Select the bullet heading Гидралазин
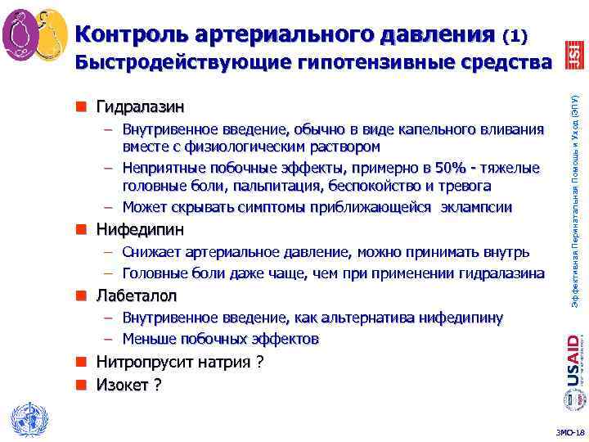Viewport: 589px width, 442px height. (140, 107)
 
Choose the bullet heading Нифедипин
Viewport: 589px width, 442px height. (140, 228)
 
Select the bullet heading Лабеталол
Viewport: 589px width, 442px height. (137, 295)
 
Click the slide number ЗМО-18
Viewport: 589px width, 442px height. (569, 432)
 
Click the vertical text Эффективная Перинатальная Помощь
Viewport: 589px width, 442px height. (574, 196)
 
